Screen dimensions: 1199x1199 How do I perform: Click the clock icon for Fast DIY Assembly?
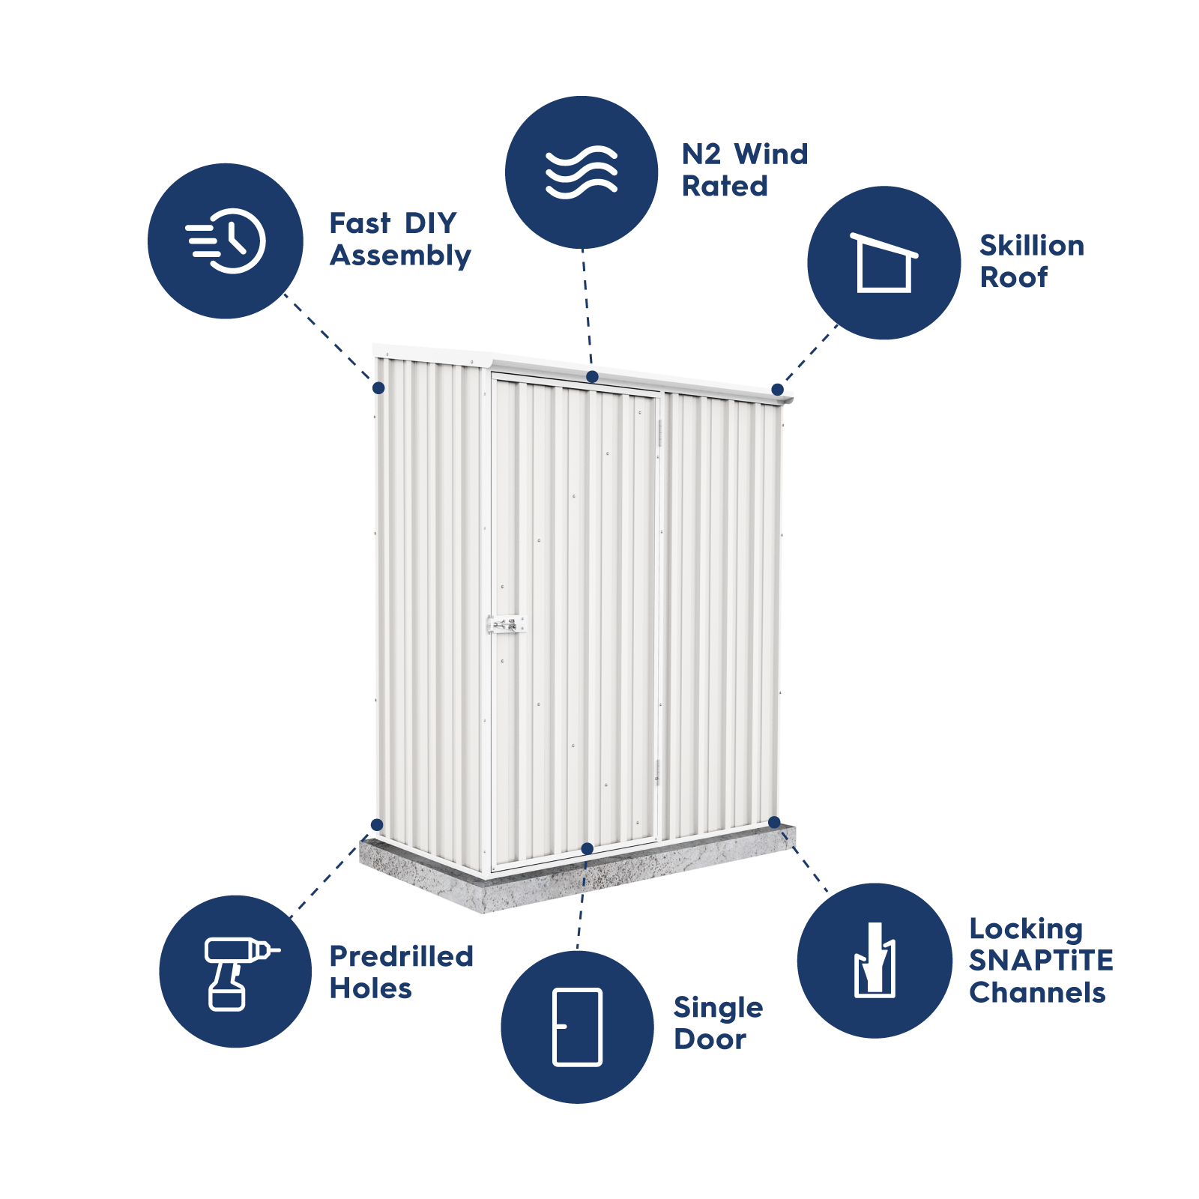226,241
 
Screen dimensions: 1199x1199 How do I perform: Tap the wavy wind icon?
582,172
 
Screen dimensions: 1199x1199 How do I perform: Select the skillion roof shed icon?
884,262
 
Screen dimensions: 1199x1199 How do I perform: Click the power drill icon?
236,973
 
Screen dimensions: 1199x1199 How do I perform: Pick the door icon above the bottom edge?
577,1027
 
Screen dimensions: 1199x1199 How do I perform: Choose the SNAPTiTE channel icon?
875,961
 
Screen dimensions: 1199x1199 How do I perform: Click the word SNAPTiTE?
1041,961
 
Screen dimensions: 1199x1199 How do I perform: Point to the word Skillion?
1032,246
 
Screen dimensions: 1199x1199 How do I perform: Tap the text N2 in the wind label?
701,154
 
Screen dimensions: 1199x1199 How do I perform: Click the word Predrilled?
402,956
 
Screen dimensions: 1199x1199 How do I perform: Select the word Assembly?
400,256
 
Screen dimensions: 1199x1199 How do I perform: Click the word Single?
718,1008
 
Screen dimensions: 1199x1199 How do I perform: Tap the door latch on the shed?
507,624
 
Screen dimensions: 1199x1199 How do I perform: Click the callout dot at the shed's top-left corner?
378,387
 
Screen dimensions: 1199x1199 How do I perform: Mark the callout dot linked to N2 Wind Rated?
592,376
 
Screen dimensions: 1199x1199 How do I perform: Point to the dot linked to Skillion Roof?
777,390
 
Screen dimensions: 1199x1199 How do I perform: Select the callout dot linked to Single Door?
588,848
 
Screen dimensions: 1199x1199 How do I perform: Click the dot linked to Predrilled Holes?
377,825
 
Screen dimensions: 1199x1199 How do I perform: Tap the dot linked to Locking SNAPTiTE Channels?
774,823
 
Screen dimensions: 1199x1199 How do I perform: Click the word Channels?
1037,993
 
